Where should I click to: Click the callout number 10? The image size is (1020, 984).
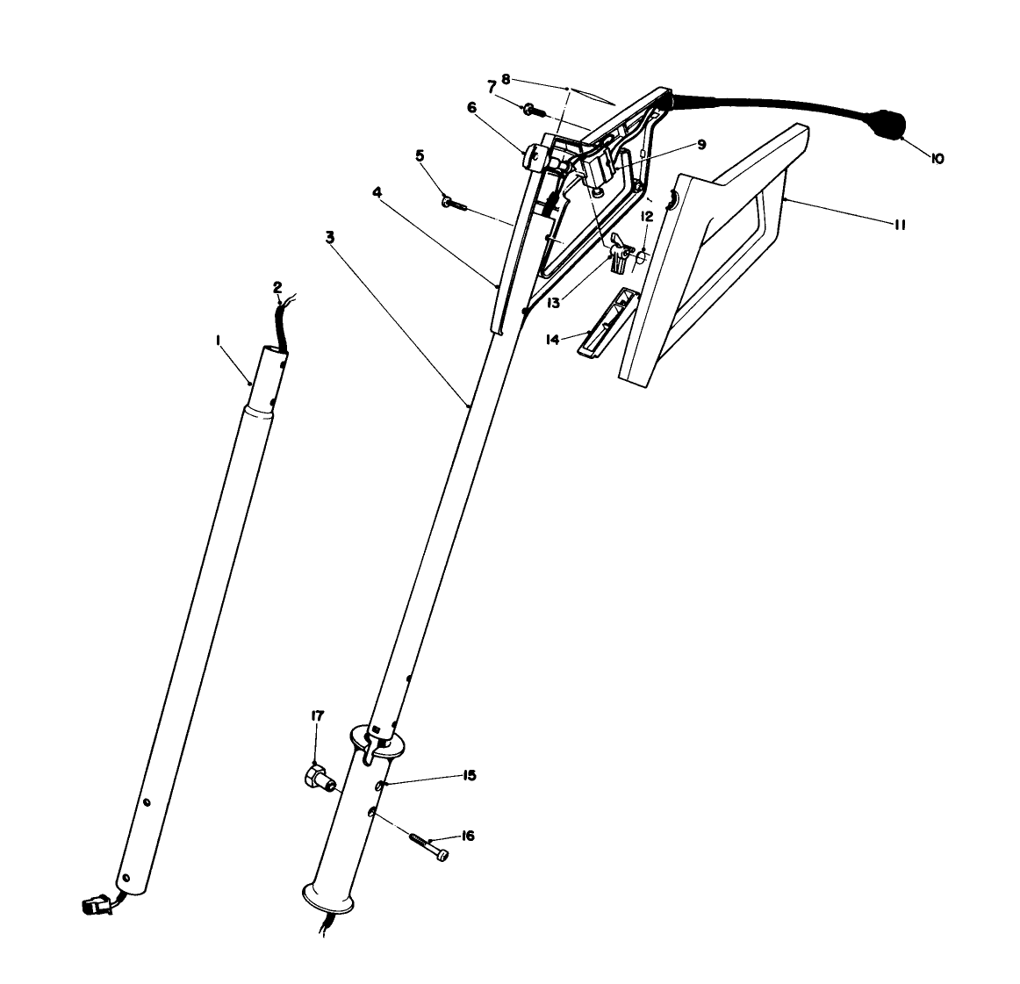point(937,159)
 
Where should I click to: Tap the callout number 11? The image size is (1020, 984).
point(899,225)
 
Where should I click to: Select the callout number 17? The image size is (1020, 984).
point(317,716)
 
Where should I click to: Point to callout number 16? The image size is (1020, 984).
point(468,836)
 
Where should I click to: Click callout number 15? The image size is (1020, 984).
point(470,775)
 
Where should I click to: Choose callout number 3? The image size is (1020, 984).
point(330,237)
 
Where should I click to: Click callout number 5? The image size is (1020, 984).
point(420,155)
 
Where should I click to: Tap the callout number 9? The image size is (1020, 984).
point(701,145)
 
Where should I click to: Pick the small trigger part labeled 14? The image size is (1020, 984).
point(600,320)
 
